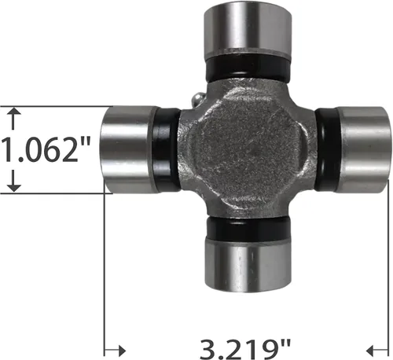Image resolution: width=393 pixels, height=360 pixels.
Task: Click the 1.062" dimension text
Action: pos(46,149)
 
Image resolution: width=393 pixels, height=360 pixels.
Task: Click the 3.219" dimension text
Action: pos(245,349)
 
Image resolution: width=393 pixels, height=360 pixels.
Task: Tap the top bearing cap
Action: pos(248,31)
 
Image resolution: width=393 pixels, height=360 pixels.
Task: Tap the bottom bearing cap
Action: pos(248,266)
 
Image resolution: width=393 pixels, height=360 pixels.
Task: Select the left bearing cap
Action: pos(129,149)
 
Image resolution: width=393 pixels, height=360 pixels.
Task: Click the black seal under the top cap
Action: pos(248,68)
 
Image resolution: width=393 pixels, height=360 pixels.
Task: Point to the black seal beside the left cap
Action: pos(167,149)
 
